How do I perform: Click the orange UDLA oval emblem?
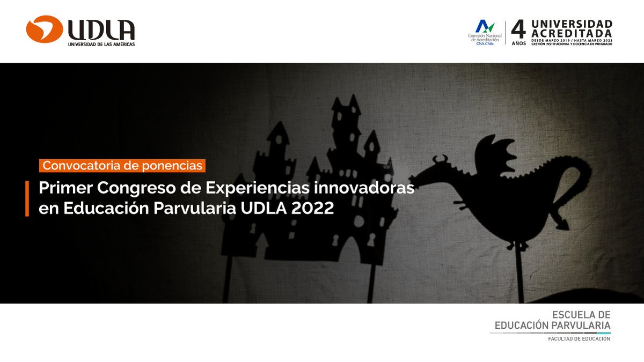(45, 29)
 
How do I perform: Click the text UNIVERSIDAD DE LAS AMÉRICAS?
(101, 44)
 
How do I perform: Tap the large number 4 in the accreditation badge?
(518, 29)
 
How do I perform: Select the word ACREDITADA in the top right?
(572, 33)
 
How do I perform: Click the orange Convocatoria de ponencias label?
(122, 166)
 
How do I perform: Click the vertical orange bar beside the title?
(27, 198)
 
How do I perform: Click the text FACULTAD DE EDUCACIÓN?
(579, 339)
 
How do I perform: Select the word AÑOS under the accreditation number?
(518, 42)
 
